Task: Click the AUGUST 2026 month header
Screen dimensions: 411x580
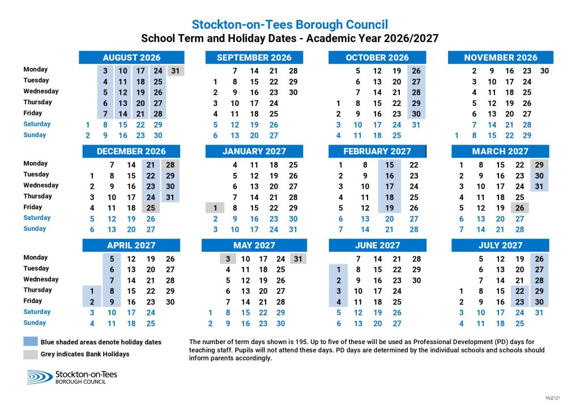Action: point(131,57)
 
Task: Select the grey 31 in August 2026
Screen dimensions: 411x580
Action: point(176,71)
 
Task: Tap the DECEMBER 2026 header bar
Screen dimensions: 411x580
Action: point(131,151)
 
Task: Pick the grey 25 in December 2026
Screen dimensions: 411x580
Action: point(151,207)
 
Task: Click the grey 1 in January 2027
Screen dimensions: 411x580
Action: point(215,207)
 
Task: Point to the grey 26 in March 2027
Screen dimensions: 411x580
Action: point(519,207)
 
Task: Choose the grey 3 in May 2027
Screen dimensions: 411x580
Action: point(228,259)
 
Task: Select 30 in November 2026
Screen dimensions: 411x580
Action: point(544,71)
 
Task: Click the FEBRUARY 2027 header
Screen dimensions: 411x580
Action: point(377,151)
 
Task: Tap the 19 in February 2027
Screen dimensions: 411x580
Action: point(390,207)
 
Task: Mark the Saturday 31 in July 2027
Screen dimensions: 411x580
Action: point(539,312)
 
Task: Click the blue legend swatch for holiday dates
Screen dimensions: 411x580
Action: point(31,342)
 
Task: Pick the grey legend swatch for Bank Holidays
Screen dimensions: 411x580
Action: point(31,354)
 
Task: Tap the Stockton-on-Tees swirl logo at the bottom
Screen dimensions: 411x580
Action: point(40,377)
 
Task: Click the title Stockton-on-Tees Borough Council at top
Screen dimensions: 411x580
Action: point(289,24)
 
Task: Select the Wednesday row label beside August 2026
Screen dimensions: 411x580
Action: point(41,91)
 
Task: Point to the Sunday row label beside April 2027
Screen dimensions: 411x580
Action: point(35,323)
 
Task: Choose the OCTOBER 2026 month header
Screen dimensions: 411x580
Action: point(377,57)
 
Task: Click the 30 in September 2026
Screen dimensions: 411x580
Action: point(293,92)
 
